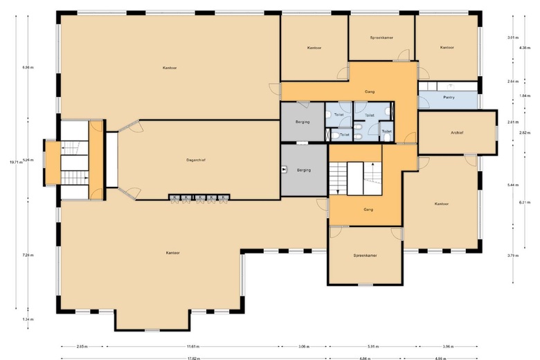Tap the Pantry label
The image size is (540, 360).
(449, 98)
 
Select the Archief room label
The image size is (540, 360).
(456, 132)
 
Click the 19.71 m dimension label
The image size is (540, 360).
(15, 162)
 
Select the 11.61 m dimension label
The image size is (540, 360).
(192, 345)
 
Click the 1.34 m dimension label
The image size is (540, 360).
(28, 319)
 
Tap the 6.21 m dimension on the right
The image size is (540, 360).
(524, 202)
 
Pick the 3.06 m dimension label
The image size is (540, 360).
(304, 345)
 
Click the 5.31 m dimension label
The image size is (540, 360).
(372, 345)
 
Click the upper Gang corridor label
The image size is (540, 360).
(370, 91)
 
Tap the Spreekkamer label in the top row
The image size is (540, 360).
(381, 37)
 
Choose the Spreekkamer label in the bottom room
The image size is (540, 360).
(364, 255)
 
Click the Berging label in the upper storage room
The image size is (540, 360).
(302, 122)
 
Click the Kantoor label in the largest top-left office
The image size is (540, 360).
(169, 68)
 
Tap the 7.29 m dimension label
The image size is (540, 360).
(28, 255)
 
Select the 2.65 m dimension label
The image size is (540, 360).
(82, 345)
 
